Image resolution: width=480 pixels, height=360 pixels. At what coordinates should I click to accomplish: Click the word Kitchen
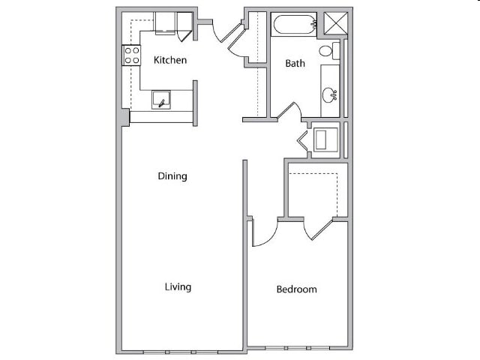coord(170,60)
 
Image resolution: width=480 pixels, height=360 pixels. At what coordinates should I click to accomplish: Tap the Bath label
coord(295,64)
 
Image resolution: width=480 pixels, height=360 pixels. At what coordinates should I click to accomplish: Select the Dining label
coord(172,176)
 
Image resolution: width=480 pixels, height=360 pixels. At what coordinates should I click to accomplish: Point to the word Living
coord(178,286)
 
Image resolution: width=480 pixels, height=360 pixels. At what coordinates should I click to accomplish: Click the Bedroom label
coord(296,289)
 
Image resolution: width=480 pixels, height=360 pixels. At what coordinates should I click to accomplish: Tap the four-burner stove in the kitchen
coord(132,55)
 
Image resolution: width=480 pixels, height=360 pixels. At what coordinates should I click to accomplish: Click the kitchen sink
coord(161,100)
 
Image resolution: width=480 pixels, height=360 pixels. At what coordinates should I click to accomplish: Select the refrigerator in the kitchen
coord(164,23)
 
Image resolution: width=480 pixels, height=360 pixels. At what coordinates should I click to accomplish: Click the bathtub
coord(294,24)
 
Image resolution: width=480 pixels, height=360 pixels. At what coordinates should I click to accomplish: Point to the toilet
coord(328,51)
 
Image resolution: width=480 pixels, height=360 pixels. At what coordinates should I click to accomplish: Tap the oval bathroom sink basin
coord(329,95)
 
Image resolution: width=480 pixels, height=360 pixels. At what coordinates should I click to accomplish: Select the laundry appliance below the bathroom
coord(326,139)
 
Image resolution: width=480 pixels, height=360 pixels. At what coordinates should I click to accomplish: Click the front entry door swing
coord(223,33)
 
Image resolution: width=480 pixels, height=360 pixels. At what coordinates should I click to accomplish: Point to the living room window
coord(180,352)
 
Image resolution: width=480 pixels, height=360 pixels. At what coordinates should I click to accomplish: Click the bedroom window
coord(298,348)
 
